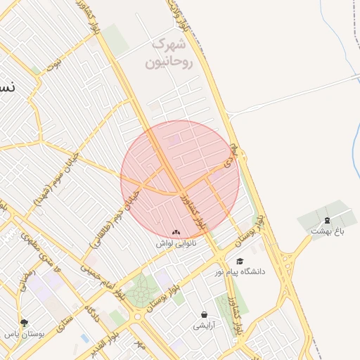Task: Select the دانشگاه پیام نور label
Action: click(x=262, y=271)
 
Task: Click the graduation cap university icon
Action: click(x=240, y=262)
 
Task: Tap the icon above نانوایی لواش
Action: click(x=176, y=231)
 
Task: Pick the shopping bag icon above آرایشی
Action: click(x=205, y=314)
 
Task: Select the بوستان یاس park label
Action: click(x=25, y=335)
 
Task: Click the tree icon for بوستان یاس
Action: click(x=25, y=323)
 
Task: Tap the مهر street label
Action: click(x=140, y=347)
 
